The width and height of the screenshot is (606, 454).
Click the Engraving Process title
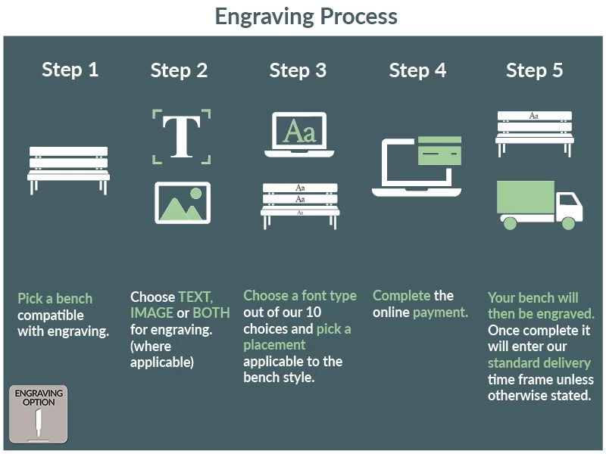[x=305, y=16]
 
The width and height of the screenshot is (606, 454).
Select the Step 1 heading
[x=70, y=70]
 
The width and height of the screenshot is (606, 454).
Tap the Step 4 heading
[x=417, y=71]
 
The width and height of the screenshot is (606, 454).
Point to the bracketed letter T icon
[x=182, y=136]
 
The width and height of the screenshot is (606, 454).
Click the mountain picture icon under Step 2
[x=183, y=202]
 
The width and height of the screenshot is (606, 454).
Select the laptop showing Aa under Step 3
[x=299, y=135]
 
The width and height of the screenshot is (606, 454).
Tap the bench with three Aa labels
[x=300, y=202]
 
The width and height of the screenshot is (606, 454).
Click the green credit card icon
[x=439, y=151]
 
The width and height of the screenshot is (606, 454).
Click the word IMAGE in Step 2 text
[x=151, y=313]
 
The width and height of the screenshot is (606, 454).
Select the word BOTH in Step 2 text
[x=211, y=313]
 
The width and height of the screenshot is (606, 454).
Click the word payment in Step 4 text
[x=440, y=312]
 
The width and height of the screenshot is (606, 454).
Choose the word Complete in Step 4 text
[x=401, y=295]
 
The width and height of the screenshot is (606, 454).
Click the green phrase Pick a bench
[x=55, y=298]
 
